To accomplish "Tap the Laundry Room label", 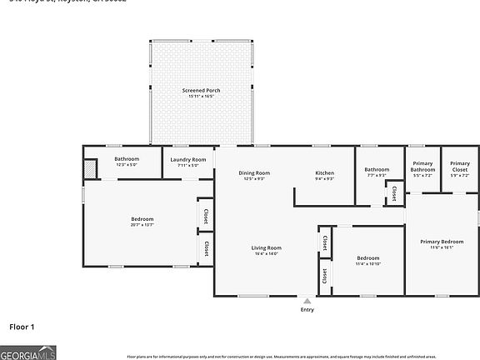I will coord(188,159).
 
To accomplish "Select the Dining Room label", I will coord(255,172).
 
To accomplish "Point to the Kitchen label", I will coord(324,172).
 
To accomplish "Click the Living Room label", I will coord(267,247).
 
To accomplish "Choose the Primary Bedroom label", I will coord(441,242).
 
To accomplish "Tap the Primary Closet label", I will coord(460,163).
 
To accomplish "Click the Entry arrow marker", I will coord(307,301).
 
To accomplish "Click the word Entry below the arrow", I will coord(307,310).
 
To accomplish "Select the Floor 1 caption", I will coord(22,327).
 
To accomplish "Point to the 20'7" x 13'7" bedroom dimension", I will coord(142,224).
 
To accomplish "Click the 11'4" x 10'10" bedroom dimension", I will coord(368,263).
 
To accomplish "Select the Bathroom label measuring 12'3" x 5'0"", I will coord(127,158).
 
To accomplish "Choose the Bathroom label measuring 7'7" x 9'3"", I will coord(377,169).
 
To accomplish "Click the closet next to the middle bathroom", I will coord(391,193).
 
